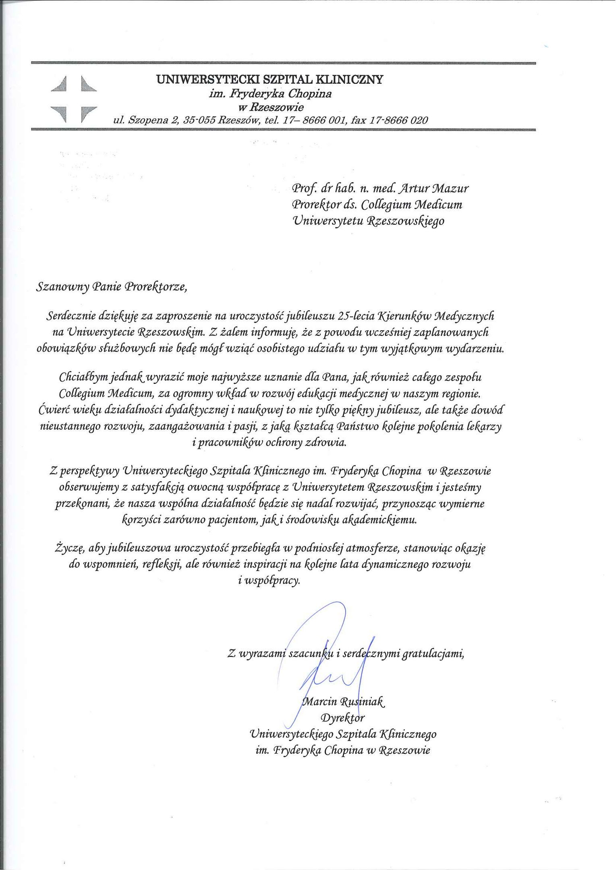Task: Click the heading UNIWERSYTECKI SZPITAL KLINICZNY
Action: (x=270, y=79)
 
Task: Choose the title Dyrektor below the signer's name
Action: (x=342, y=718)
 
